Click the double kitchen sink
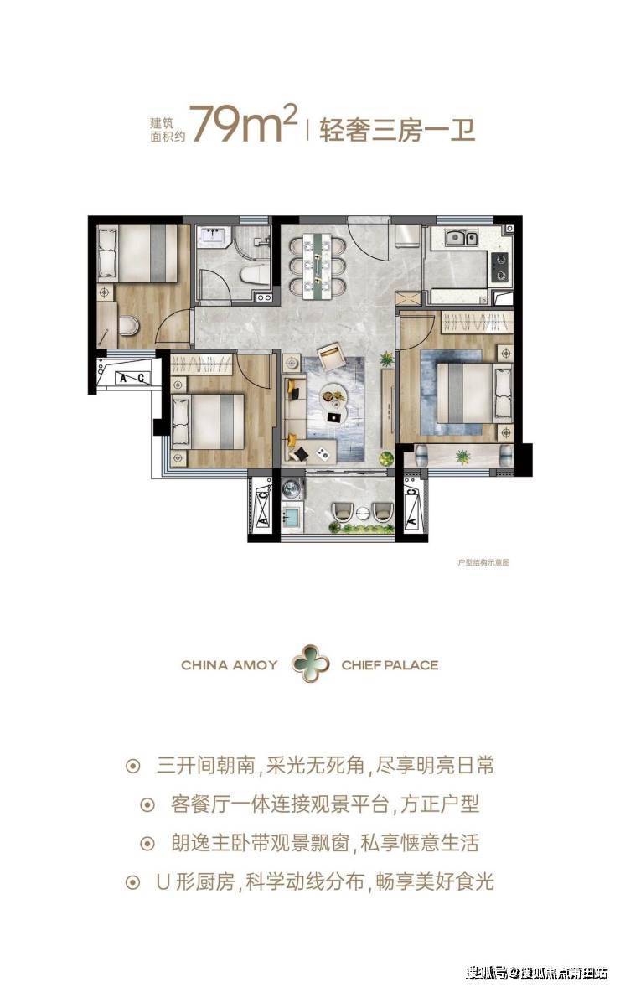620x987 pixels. [x=462, y=238]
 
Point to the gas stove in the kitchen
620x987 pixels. [x=499, y=267]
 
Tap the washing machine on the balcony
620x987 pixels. [x=292, y=488]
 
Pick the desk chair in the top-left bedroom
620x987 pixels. [x=128, y=325]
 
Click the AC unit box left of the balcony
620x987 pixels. [x=263, y=503]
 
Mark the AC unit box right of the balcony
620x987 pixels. [x=411, y=503]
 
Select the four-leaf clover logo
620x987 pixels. [x=310, y=664]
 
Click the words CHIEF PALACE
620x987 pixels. [x=390, y=664]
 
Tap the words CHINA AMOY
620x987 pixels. [x=229, y=664]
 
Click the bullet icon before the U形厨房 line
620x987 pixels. [x=132, y=882]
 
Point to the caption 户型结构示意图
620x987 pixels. [x=483, y=561]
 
